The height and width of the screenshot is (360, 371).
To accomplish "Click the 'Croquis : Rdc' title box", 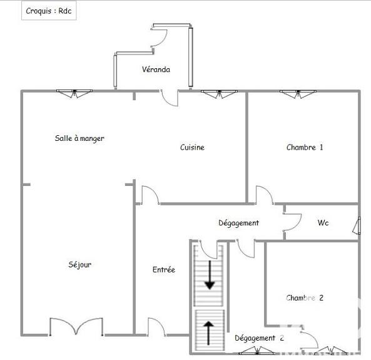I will click(48, 11).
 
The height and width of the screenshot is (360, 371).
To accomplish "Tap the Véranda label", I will click(155, 69).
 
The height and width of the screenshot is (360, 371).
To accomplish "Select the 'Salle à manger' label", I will click(79, 138).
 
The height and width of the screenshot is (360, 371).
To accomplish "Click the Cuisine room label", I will click(192, 147).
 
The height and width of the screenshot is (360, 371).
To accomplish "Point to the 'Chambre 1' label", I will click(305, 147).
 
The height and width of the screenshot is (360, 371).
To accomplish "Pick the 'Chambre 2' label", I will click(305, 298).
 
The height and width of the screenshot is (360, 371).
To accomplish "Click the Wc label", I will click(323, 223).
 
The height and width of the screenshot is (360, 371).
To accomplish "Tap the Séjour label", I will click(80, 265).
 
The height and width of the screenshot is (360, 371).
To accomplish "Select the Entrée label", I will click(164, 270).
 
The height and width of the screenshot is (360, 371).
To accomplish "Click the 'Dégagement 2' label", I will click(259, 338).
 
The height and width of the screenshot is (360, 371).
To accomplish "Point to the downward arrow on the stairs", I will click(210, 276).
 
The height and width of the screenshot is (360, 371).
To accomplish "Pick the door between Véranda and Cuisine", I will click(169, 99).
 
